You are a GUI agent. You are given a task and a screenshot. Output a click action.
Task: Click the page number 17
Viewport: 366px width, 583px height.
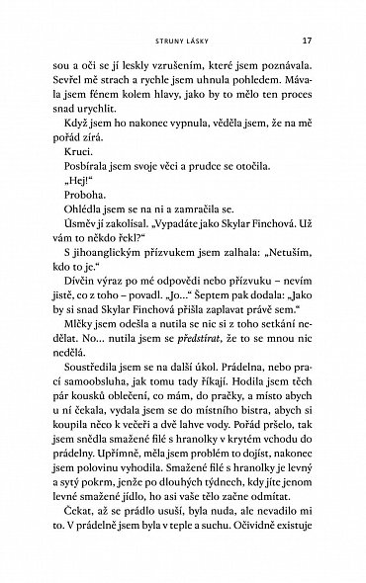[x=308, y=42]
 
